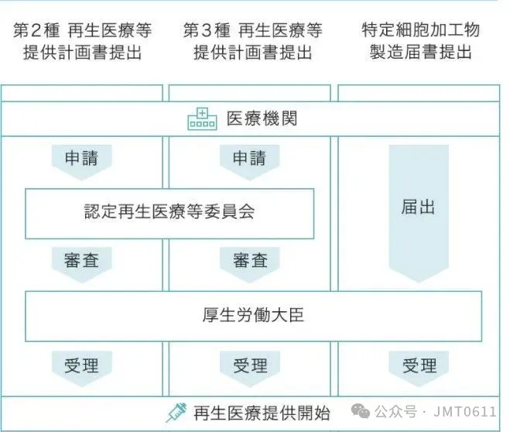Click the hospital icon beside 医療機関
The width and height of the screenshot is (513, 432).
pyautogui.click(x=203, y=120)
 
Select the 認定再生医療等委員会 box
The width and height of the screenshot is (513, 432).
pyautogui.click(x=169, y=212)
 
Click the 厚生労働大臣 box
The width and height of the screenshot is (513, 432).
pyautogui.click(x=253, y=316)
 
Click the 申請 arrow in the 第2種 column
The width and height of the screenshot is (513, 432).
pyautogui.click(x=82, y=160)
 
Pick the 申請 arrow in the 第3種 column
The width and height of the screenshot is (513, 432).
pyautogui.click(x=250, y=160)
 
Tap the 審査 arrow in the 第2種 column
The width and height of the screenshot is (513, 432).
pyautogui.click(x=82, y=262)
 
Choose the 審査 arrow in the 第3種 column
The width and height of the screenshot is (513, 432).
pyautogui.click(x=250, y=262)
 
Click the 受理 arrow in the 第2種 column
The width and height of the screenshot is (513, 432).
pyautogui.click(x=82, y=365)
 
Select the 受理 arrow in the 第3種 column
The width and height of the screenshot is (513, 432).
pyautogui.click(x=250, y=365)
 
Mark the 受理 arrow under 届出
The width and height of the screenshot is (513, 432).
pyautogui.click(x=419, y=365)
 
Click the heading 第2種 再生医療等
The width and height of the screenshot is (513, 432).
pyautogui.click(x=83, y=32)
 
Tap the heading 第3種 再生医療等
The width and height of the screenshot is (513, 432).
pyautogui.click(x=252, y=32)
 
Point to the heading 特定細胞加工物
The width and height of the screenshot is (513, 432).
pyautogui.click(x=420, y=32)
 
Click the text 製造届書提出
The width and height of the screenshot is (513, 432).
pyautogui.click(x=420, y=54)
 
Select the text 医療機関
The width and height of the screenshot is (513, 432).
pyautogui.click(x=262, y=120)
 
